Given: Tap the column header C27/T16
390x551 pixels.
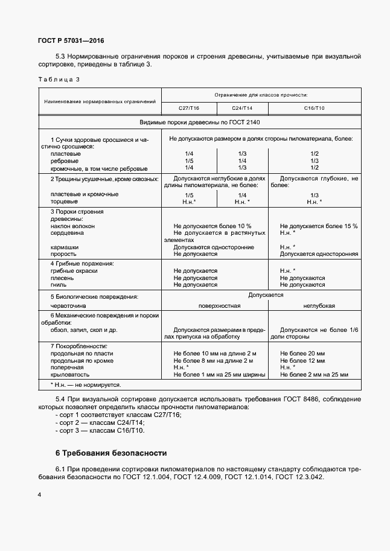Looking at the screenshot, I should click(188, 107).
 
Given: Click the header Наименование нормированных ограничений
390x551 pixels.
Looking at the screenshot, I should click(100, 101).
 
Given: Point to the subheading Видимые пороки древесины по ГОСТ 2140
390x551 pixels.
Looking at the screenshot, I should click(200, 121).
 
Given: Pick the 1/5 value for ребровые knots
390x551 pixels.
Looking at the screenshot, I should click(189, 161).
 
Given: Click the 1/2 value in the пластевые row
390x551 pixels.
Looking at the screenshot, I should click(314, 154).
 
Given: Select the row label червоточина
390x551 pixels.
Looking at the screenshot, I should click(68, 306).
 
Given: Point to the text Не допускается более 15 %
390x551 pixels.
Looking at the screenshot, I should click(319, 226).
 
